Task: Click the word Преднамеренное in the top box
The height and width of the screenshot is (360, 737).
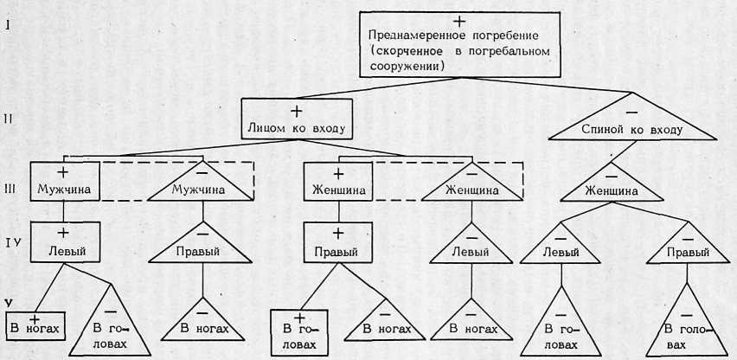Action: tap(410, 36)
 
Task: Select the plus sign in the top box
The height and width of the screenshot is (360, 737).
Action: tap(459, 19)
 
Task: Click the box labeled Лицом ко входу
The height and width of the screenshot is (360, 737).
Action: tap(296, 120)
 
